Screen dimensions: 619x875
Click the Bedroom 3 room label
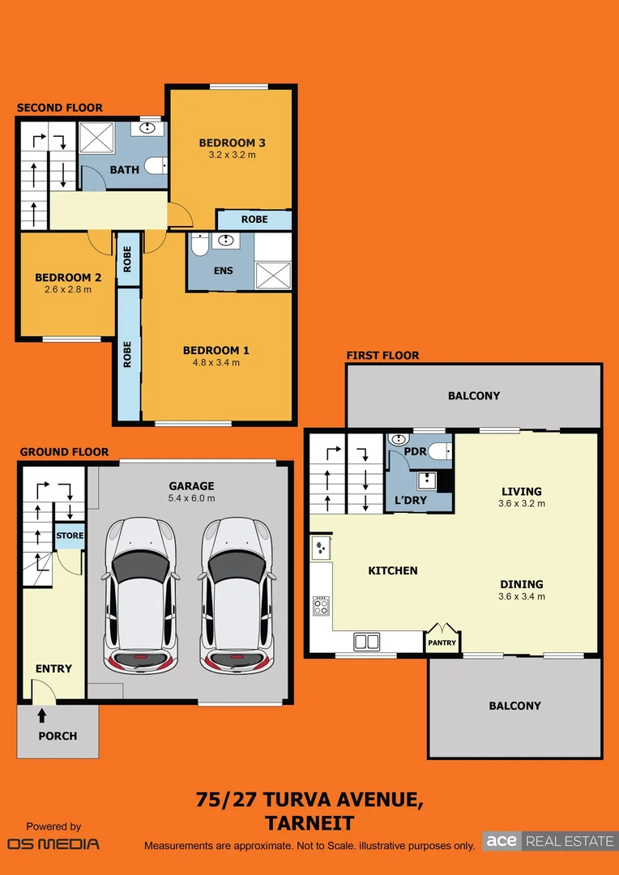pyautogui.click(x=233, y=143)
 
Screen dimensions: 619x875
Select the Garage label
pyautogui.click(x=192, y=487)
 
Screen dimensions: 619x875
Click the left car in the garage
pyautogui.click(x=141, y=595)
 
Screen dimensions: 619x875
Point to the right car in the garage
pyautogui.click(x=237, y=595)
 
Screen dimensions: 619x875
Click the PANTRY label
pyautogui.click(x=442, y=642)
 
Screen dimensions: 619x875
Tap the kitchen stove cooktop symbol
pyautogui.click(x=321, y=605)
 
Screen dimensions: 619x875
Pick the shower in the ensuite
pyautogui.click(x=274, y=275)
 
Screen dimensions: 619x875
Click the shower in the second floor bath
pyautogui.click(x=96, y=137)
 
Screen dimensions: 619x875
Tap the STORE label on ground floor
pyautogui.click(x=70, y=536)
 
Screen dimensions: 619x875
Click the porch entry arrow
pyautogui.click(x=42, y=715)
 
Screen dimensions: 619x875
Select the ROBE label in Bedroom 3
pyautogui.click(x=254, y=220)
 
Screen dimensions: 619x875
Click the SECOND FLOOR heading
pyautogui.click(x=60, y=109)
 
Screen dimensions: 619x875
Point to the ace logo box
pyautogui.click(x=502, y=841)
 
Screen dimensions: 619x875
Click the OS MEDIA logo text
pyautogui.click(x=53, y=843)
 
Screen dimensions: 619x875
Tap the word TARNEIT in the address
pyautogui.click(x=309, y=824)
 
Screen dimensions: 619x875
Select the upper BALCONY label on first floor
pyautogui.click(x=474, y=395)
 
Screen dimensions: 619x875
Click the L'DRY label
pyautogui.click(x=411, y=501)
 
